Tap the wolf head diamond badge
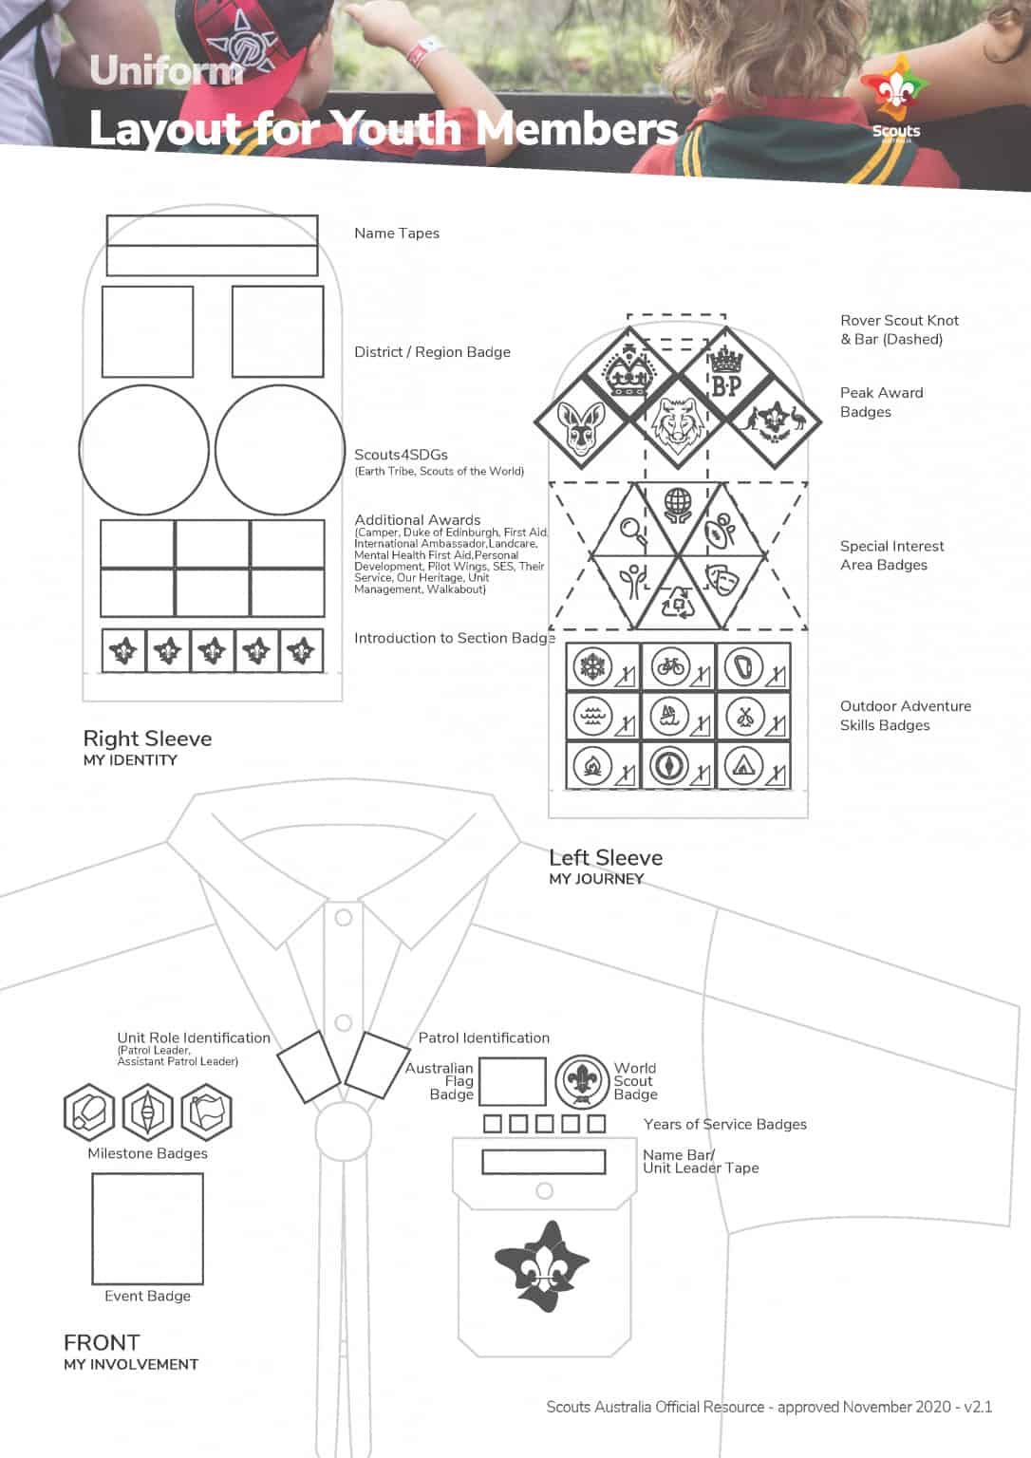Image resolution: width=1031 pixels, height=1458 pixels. [676, 422]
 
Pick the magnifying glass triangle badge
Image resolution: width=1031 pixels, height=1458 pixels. [633, 529]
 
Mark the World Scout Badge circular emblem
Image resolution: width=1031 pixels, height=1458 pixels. [581, 1081]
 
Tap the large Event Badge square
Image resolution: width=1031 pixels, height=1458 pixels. [147, 1228]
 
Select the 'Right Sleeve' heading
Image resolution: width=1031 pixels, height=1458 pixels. [147, 738]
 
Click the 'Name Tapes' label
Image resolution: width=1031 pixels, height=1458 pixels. [397, 234]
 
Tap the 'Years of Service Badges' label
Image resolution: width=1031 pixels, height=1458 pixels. [725, 1125]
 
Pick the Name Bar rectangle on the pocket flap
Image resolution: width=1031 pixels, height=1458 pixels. [544, 1162]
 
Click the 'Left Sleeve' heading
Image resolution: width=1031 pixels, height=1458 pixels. [606, 858]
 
